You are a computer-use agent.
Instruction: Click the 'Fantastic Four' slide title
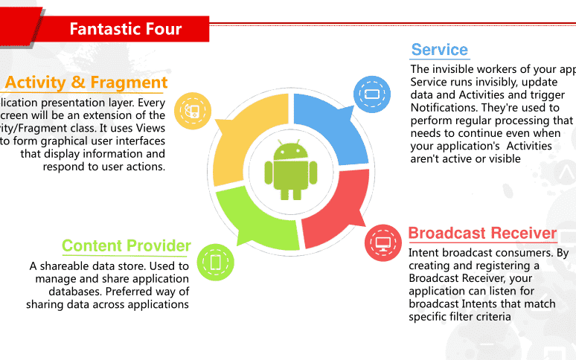point(125,29)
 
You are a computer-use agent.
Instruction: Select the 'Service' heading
point(439,50)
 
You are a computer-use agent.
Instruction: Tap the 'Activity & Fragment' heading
point(86,83)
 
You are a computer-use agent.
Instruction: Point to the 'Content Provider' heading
point(126,246)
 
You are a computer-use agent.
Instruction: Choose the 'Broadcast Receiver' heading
point(482,234)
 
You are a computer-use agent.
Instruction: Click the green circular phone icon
point(215,261)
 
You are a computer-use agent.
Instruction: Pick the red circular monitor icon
point(383,242)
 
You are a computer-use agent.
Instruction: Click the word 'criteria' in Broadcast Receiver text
point(492,317)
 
